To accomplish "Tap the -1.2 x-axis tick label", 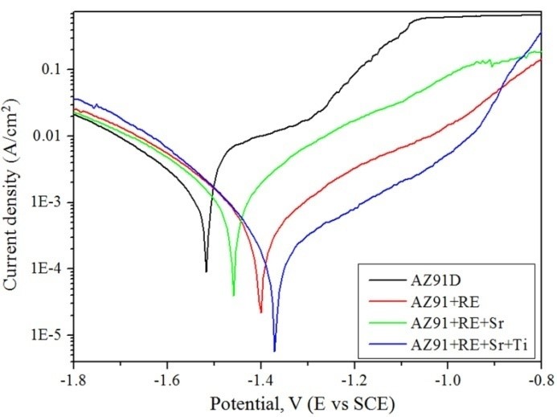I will (x=354, y=375).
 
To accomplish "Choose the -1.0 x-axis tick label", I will (x=447, y=375).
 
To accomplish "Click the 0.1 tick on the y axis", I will (x=53, y=70).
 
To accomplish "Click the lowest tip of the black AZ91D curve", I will (x=207, y=272).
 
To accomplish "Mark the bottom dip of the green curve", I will (x=234, y=295).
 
